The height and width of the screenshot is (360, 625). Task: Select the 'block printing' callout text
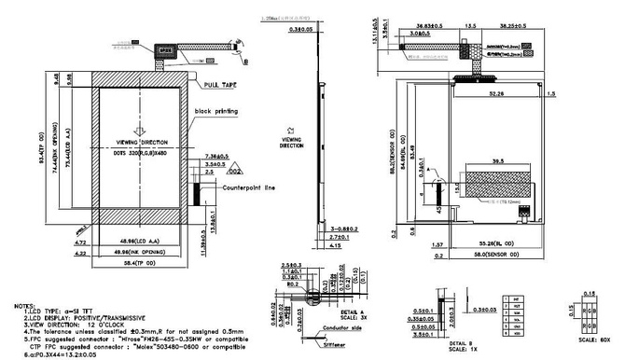215,111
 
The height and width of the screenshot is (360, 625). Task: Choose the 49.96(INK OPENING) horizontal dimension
138,252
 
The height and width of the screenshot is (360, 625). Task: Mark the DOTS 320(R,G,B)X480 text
140,151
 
